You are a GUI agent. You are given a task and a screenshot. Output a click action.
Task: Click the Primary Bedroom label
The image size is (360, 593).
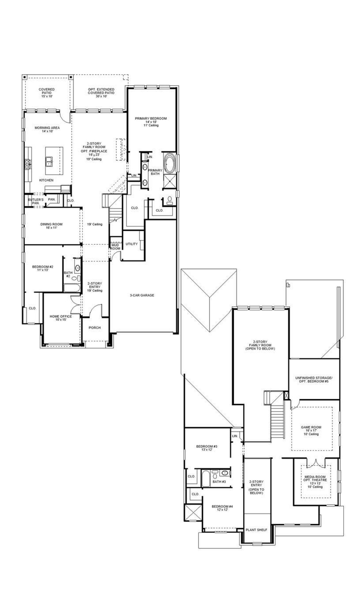click(151, 122)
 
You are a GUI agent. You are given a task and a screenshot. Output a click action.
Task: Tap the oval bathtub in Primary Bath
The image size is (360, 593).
click(169, 163)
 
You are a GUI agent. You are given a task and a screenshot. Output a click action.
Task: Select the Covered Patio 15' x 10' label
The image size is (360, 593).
click(47, 93)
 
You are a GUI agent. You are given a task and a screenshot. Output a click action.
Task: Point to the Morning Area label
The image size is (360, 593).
click(47, 129)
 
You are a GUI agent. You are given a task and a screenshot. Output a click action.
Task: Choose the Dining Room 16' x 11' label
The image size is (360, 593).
click(51, 226)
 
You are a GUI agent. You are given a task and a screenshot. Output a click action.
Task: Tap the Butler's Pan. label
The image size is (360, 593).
click(35, 201)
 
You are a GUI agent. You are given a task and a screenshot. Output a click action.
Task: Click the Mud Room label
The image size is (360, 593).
click(115, 247)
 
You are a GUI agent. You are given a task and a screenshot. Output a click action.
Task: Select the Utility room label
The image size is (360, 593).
click(132, 244)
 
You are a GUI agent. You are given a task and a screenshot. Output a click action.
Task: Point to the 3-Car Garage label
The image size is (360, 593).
click(142, 295)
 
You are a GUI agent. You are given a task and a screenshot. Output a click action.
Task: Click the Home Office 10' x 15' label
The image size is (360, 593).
click(61, 318)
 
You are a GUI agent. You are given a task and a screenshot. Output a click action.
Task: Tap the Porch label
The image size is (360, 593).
click(94, 328)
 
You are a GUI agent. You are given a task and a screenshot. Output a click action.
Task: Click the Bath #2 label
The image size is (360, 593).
click(68, 274)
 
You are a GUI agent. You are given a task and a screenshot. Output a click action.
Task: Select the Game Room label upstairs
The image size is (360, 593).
click(311, 430)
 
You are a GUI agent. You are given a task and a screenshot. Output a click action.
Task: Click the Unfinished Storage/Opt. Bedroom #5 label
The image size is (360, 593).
click(314, 379)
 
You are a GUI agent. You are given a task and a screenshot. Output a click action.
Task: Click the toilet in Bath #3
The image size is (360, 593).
click(215, 476)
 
